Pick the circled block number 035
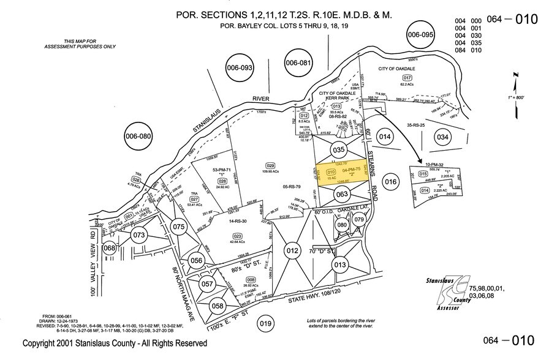339,149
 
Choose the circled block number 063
342,195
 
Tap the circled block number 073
138,235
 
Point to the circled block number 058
217,306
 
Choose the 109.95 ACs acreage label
270,173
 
